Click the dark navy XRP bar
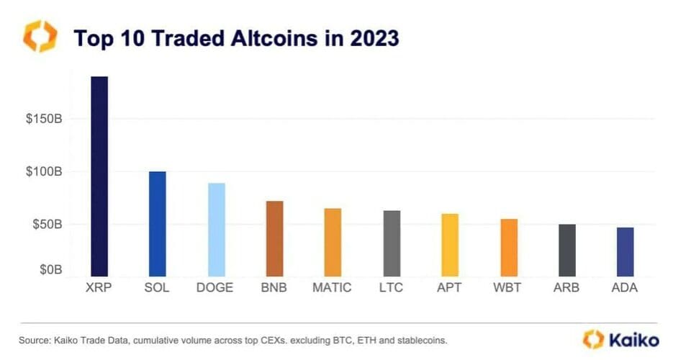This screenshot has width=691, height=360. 99,176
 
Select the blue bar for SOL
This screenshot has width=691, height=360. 157,224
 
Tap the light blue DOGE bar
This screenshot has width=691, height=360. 217,230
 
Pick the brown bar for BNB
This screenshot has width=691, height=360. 274,238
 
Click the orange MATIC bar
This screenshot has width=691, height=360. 333,242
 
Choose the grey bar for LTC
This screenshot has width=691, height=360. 392,243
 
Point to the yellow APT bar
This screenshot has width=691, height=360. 450,245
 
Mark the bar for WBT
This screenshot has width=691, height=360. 509,248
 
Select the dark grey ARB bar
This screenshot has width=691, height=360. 567,250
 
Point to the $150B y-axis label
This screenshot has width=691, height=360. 45,118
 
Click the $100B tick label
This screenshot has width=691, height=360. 45,172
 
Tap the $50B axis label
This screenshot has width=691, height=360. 48,225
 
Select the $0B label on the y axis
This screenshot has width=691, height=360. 51,270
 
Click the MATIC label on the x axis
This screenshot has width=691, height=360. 332,288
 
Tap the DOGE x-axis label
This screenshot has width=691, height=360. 214,288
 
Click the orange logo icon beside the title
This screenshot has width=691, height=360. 40,36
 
